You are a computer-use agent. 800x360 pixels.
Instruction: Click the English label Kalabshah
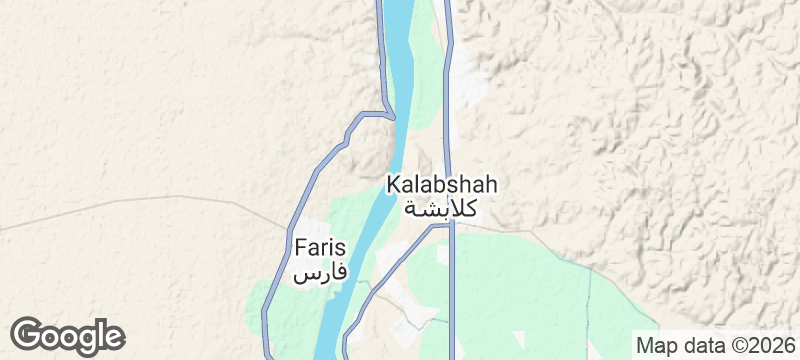coord(441,186)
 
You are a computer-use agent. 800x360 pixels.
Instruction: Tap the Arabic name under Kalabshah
coord(441,208)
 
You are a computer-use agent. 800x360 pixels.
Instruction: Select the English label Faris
coord(320,247)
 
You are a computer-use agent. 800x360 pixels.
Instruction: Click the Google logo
coord(67,336)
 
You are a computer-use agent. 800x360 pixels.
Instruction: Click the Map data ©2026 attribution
coord(714,345)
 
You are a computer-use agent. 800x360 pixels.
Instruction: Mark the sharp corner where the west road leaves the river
coord(389,114)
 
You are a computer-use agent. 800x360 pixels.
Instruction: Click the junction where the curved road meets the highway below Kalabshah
coord(451,226)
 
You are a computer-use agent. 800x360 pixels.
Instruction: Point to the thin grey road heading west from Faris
coord(150,204)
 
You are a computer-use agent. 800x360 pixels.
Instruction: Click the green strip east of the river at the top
coord(428,60)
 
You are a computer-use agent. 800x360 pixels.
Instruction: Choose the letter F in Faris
coord(300,247)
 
